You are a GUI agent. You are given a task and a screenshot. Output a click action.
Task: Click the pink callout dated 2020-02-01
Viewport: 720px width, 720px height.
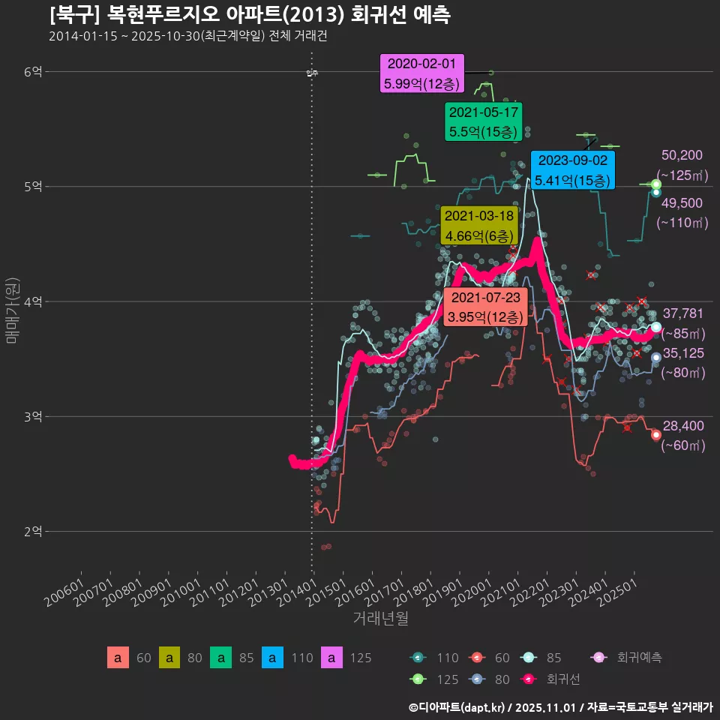(422, 73)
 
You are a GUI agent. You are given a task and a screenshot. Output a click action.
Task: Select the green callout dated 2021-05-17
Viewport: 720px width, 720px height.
(483, 122)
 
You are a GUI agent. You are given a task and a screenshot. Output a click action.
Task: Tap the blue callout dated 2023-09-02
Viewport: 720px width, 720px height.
(572, 170)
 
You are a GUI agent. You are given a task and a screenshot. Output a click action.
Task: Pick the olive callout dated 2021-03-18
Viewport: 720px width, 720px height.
(478, 226)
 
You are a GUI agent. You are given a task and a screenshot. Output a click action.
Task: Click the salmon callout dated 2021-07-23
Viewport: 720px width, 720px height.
(485, 307)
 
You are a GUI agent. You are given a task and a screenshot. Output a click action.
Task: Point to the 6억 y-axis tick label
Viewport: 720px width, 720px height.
(33, 72)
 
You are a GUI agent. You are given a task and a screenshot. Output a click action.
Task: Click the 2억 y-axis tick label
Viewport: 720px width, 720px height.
(33, 531)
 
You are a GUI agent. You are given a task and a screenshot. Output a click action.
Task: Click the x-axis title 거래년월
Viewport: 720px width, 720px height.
(380, 619)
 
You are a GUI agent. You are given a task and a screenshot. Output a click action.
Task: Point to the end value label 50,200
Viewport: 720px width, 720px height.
(682, 155)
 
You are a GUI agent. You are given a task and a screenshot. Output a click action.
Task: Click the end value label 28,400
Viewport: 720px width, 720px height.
(683, 426)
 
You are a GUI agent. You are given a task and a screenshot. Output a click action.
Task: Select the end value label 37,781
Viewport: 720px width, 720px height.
(683, 313)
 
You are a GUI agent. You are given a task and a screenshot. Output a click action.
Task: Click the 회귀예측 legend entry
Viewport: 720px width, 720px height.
(638, 658)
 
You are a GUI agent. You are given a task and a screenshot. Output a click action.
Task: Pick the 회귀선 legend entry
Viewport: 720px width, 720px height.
(562, 679)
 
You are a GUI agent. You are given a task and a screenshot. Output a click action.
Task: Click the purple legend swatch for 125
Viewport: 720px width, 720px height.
(332, 658)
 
